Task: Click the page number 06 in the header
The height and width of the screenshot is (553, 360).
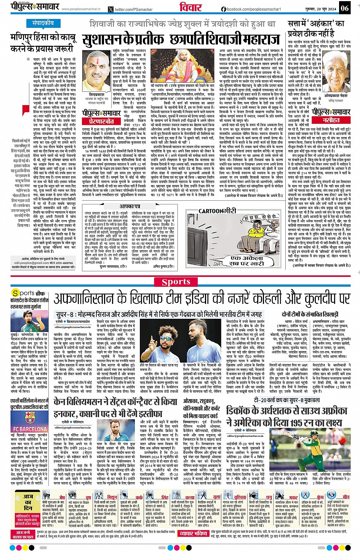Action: [x=344, y=8]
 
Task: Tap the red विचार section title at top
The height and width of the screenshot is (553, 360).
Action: [x=190, y=8]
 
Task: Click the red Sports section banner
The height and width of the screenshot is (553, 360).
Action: [x=176, y=282]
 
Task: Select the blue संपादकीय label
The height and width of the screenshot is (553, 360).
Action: [x=43, y=23]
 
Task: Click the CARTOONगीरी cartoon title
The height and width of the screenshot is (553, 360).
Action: [x=218, y=211]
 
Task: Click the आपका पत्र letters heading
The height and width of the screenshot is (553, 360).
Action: [x=130, y=206]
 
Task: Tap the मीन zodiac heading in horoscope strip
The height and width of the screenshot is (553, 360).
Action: [x=346, y=497]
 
